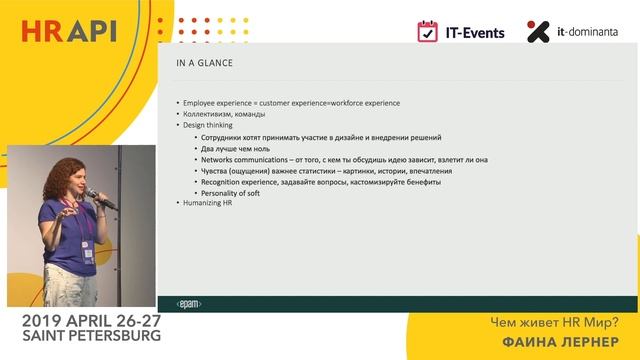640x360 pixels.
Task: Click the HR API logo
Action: pos(69,31)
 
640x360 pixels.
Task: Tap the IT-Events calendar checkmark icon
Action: pos(428,31)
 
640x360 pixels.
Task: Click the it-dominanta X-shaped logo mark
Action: pos(538,31)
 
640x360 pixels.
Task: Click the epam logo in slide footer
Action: pos(187,301)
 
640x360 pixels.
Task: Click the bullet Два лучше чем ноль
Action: pos(239,148)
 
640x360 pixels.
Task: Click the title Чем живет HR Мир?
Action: pos(554,323)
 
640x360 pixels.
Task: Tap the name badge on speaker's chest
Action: pos(87,253)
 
